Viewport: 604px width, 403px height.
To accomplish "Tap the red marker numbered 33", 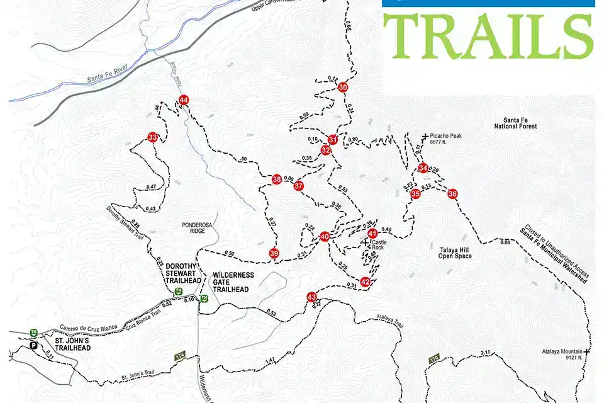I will tap(152, 137).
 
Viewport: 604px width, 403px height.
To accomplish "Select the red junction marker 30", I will tap(343, 88).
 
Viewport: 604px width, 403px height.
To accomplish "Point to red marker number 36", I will tap(452, 194).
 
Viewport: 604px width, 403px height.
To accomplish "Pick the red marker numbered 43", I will tap(311, 297).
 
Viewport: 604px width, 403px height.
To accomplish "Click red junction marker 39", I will tap(274, 253).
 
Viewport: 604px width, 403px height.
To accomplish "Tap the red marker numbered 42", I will tap(366, 281).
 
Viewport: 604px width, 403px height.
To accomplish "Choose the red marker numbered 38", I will tap(276, 180).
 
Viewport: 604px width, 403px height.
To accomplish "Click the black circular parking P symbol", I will tap(33, 345).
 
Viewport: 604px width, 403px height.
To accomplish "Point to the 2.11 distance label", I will tap(484, 353).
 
